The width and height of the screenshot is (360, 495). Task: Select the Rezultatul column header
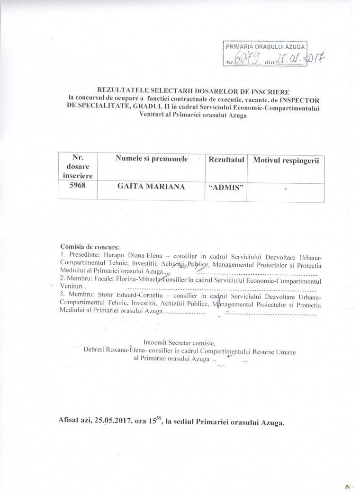(226, 160)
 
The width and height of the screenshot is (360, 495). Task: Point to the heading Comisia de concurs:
(90, 247)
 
